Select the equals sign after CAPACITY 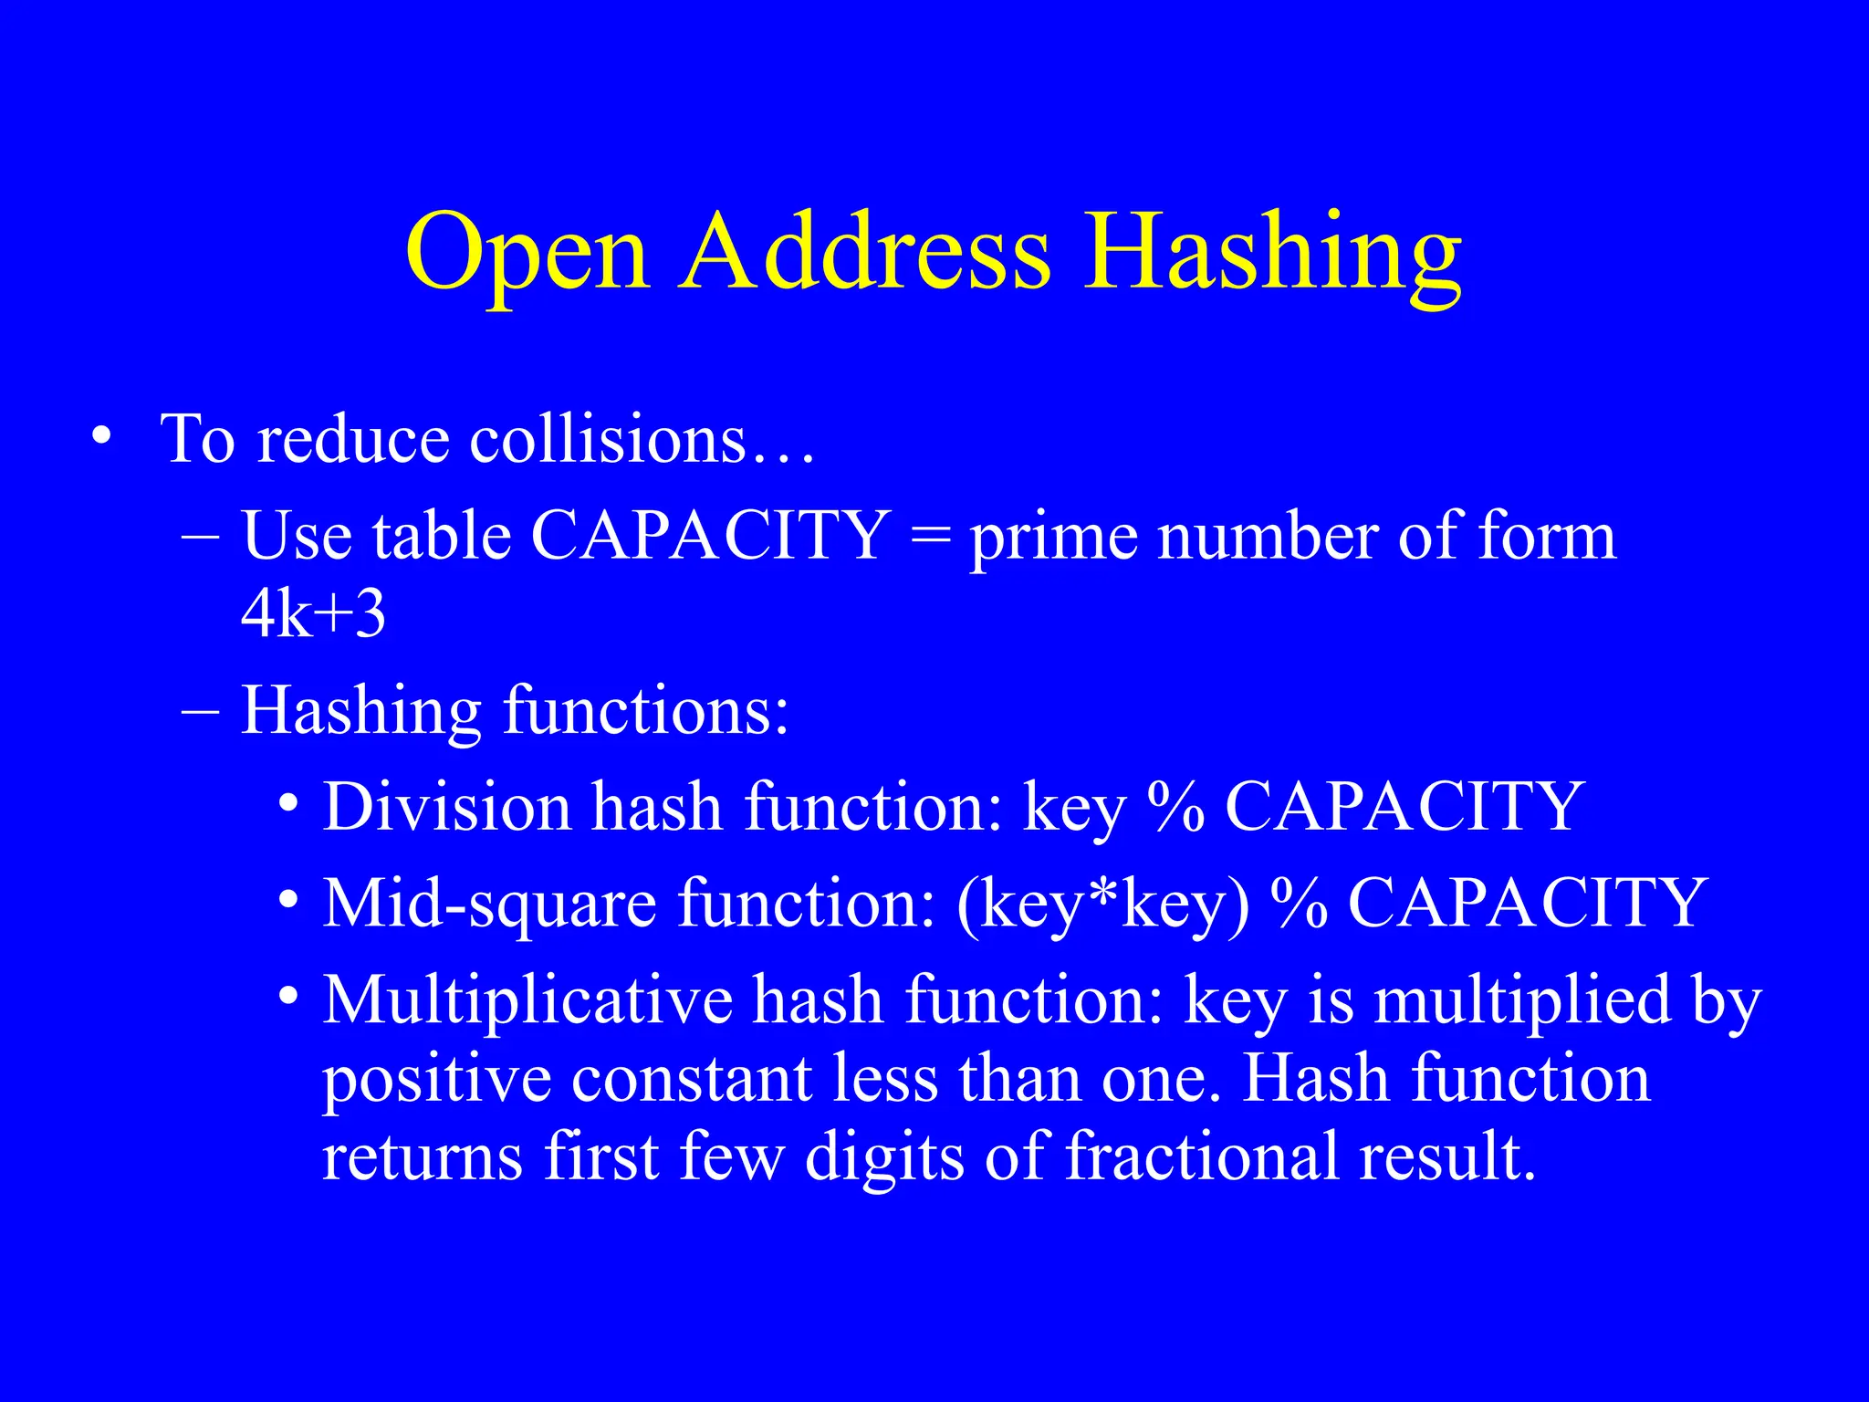[x=930, y=535]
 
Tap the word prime [x=1053, y=539]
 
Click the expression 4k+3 [x=313, y=613]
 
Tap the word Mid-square [x=491, y=905]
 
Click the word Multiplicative [x=527, y=1000]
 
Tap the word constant [x=692, y=1079]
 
